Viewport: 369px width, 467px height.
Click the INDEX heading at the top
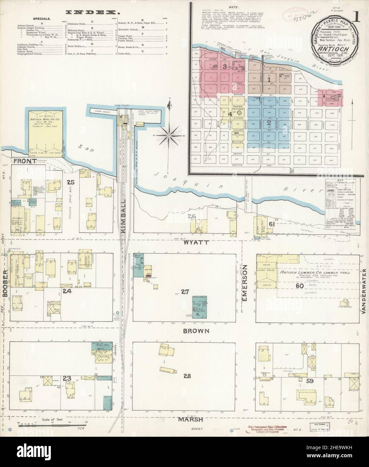[x=91, y=12]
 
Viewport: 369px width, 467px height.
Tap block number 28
[x=185, y=376]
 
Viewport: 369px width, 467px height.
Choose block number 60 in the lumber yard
[x=297, y=286]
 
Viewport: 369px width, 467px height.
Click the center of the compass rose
[x=168, y=135]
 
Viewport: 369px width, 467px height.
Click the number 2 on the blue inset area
[x=269, y=123]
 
